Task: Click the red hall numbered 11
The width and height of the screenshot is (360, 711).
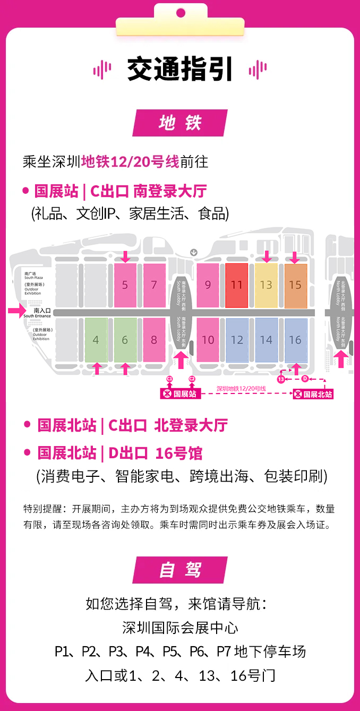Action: click(237, 285)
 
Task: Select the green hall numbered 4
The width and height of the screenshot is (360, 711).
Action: click(96, 340)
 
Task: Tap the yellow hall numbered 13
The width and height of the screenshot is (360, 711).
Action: click(266, 285)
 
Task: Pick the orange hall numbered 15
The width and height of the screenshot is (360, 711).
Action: click(295, 285)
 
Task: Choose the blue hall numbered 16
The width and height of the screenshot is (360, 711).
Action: click(295, 340)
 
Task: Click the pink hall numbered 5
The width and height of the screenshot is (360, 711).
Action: click(125, 285)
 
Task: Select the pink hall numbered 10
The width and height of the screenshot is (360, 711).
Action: click(208, 340)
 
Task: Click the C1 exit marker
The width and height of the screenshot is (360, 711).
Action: click(170, 378)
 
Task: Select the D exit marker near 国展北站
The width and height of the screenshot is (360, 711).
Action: click(305, 379)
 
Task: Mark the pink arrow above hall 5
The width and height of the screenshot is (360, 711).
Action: click(125, 257)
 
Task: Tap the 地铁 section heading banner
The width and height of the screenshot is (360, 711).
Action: click(180, 123)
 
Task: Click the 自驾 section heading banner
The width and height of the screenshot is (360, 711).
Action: click(180, 570)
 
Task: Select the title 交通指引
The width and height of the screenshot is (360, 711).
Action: click(180, 70)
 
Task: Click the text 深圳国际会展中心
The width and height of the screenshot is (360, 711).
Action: click(180, 628)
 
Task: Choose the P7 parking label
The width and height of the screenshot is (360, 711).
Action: click(224, 652)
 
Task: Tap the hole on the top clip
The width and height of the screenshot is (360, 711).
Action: click(181, 12)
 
